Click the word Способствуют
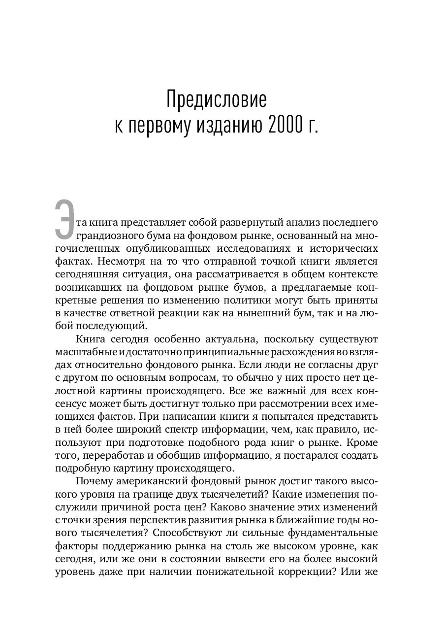[188, 533]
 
